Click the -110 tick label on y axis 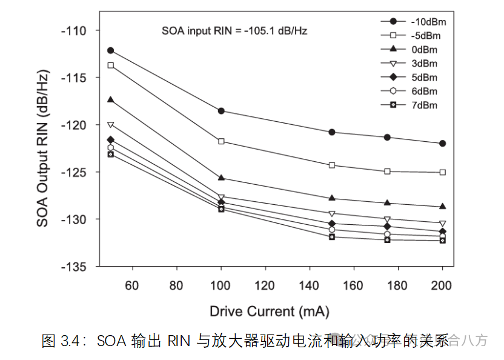pos(73,30)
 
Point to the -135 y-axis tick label pos(73,266)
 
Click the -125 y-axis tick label pos(73,172)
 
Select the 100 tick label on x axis pos(221,285)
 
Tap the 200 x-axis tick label pos(442,285)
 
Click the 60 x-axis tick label pos(133,285)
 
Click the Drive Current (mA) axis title pos(270,312)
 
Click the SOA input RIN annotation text pos(234,30)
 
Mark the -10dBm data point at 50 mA pos(111,50)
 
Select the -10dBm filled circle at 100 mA pos(221,111)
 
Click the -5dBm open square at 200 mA pos(442,172)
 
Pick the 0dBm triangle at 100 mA pos(221,178)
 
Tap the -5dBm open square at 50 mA pos(111,65)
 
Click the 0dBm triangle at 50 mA pos(111,99)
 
